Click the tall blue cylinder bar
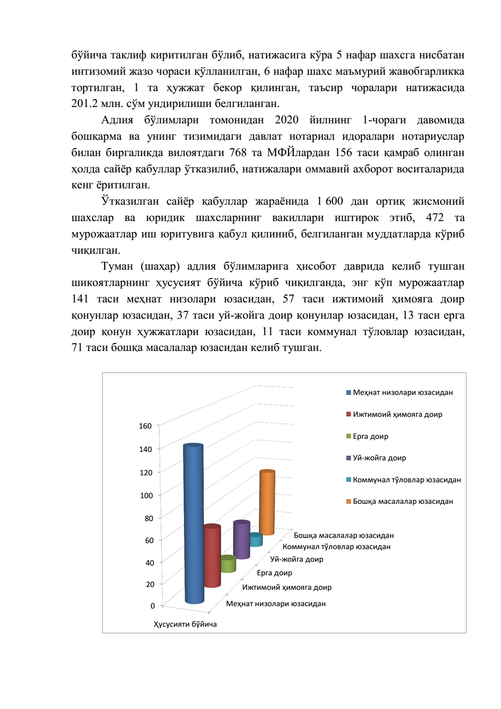(193, 523)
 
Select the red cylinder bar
(212, 556)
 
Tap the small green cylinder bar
(228, 564)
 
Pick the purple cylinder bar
(242, 540)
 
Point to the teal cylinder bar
(256, 540)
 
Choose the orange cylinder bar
(267, 502)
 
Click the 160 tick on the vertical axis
(145, 426)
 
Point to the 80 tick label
(149, 518)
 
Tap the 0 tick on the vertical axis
(152, 606)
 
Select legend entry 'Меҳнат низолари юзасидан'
(402, 393)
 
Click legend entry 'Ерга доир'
(370, 437)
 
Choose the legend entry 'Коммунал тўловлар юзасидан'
(407, 480)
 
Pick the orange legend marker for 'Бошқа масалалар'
(349, 501)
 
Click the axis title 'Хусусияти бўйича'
(185, 624)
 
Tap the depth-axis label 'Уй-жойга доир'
(297, 559)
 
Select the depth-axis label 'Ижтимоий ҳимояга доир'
(286, 587)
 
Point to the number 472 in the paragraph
(435, 218)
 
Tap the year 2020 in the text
(286, 120)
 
